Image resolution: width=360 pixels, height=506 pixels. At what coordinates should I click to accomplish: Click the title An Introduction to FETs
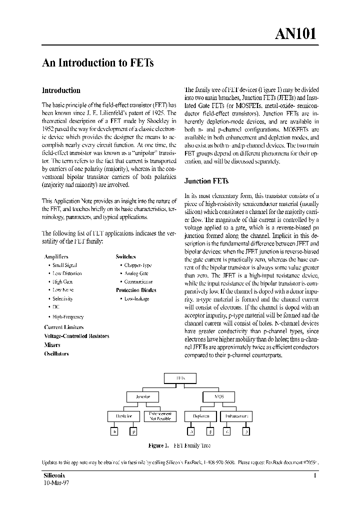[97, 63]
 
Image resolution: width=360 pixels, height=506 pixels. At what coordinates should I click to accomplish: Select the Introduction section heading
[60, 90]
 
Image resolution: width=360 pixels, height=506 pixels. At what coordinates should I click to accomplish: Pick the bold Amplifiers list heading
[56, 256]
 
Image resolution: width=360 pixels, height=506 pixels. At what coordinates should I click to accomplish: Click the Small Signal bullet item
[64, 265]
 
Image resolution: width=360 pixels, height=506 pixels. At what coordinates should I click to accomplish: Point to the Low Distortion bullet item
[67, 273]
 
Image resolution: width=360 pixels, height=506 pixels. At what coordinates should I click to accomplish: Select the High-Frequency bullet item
[68, 316]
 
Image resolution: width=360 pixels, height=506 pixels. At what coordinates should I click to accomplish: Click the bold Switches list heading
[126, 256]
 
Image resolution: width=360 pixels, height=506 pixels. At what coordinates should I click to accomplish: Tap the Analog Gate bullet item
[136, 273]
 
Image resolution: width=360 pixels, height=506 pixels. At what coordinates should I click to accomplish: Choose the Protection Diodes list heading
[136, 290]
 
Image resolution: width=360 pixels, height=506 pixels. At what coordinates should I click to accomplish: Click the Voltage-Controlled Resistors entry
[76, 336]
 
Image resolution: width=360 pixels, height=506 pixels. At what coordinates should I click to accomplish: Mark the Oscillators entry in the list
[56, 353]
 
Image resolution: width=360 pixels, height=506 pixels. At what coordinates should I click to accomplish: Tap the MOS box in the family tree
[218, 397]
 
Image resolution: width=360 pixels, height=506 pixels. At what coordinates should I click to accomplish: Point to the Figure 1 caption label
[160, 445]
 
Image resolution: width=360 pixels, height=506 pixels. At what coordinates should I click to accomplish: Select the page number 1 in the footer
[315, 476]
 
